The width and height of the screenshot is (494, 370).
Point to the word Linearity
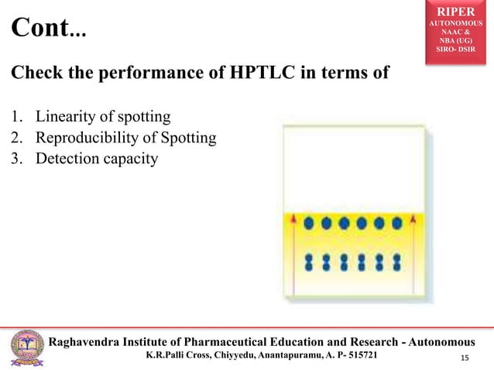click(63, 118)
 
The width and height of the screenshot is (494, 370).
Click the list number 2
click(15, 139)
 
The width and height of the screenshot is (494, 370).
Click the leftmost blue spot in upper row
click(309, 224)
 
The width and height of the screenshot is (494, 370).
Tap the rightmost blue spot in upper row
click(397, 224)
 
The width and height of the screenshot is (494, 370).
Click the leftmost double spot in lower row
click(309, 262)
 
